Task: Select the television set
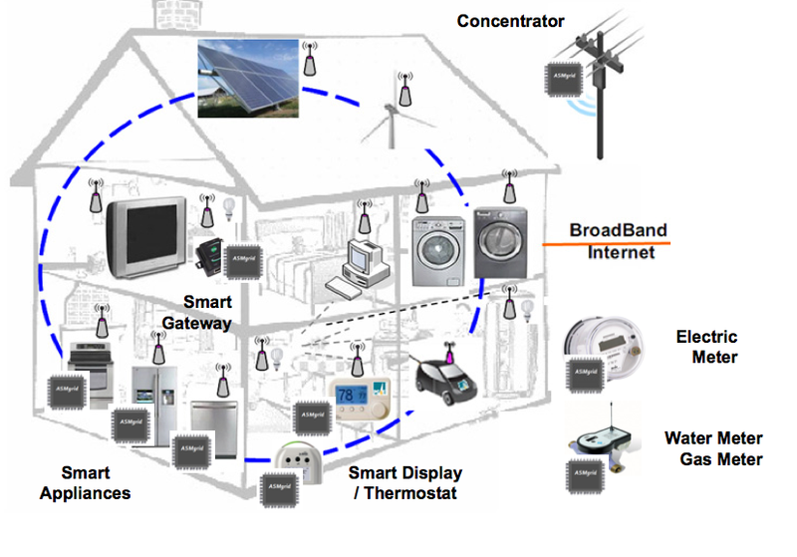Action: point(146,235)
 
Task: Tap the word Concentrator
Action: point(511,21)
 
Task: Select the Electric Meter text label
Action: point(707,347)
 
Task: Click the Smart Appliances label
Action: point(96,482)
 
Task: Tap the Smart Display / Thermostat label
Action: point(405,482)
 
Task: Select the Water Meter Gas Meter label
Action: point(714,448)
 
